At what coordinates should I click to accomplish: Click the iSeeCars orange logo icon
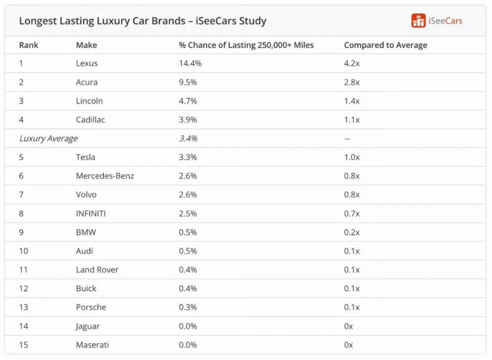(x=418, y=21)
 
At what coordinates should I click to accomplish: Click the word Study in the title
(x=253, y=21)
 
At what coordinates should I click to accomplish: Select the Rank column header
(x=28, y=45)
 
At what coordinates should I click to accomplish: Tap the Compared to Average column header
(x=385, y=45)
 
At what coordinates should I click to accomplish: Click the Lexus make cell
(x=86, y=63)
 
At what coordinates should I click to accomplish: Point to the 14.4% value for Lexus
(x=190, y=63)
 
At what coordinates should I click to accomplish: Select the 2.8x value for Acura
(x=352, y=82)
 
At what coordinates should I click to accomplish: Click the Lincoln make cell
(x=89, y=101)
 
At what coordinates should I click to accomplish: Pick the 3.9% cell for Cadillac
(x=188, y=120)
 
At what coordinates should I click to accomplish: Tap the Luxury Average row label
(x=49, y=139)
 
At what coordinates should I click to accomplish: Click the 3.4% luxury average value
(x=188, y=139)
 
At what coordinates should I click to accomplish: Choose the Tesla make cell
(x=86, y=157)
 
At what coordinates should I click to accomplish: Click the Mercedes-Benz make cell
(x=105, y=176)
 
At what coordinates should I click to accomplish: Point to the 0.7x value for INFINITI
(x=352, y=214)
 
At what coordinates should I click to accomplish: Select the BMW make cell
(x=86, y=232)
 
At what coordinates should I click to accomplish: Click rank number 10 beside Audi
(x=24, y=251)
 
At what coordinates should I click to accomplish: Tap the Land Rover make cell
(x=97, y=270)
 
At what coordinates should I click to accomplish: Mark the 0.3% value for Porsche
(x=188, y=307)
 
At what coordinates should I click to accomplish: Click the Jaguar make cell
(x=87, y=326)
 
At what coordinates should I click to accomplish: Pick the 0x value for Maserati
(x=348, y=345)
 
